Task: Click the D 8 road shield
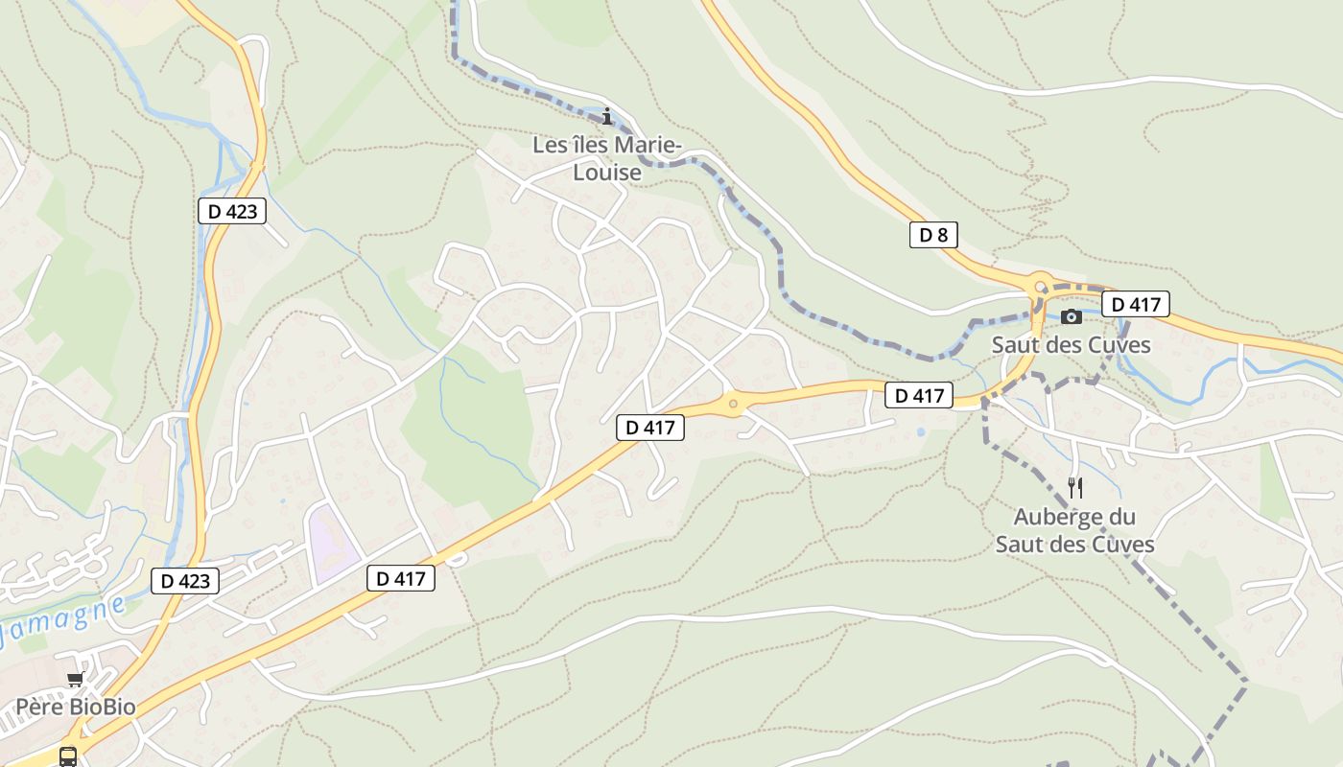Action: coord(933,235)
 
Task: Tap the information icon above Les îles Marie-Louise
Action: coord(606,117)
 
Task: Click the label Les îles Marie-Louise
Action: coord(606,159)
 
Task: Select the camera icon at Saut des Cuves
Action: coord(1072,316)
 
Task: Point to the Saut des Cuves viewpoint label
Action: coord(1071,345)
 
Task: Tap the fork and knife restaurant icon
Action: coord(1074,487)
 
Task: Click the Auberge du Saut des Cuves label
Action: coord(1074,531)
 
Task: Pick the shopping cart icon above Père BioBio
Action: coord(75,680)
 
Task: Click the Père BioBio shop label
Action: coord(75,708)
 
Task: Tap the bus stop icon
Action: coord(68,756)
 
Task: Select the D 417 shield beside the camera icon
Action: coord(1136,305)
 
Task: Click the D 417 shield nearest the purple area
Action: coord(401,578)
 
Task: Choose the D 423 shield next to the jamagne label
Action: coord(185,580)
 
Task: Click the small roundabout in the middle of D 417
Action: coord(734,404)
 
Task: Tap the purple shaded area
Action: coord(331,542)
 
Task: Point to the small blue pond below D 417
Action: coord(921,432)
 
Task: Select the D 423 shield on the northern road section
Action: coord(231,211)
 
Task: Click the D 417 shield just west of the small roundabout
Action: coord(650,428)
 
